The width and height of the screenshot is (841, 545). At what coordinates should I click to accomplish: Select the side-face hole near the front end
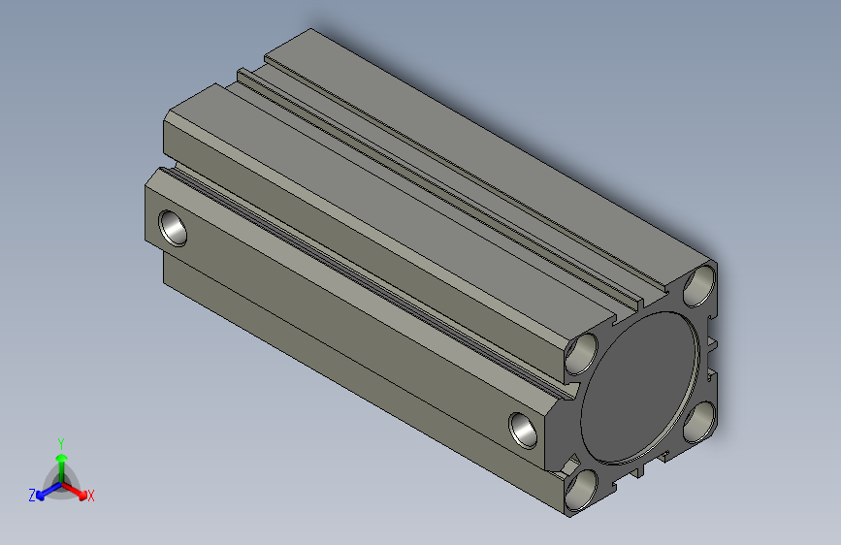coord(524,428)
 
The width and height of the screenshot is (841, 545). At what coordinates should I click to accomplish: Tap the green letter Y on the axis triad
coord(60,441)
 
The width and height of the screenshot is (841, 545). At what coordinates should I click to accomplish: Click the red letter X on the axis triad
coord(90,496)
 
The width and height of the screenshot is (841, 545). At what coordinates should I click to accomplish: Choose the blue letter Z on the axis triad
coord(32,495)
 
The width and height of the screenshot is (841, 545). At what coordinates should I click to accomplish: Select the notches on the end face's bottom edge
coord(641,471)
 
